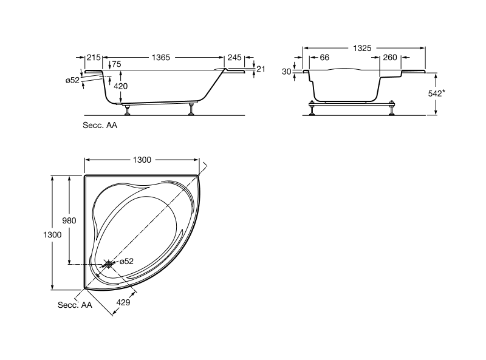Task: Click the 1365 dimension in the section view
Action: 160,57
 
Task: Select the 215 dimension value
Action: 93,57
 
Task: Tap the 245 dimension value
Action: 234,57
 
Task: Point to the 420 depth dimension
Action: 121,86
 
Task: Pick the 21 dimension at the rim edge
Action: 261,69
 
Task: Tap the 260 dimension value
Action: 391,57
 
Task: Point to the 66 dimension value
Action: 324,57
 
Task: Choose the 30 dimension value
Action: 286,71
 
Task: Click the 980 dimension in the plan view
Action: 69,221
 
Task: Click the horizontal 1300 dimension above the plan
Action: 142,159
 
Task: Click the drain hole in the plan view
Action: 108,263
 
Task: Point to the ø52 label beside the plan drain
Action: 127,261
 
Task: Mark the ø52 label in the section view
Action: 72,80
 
